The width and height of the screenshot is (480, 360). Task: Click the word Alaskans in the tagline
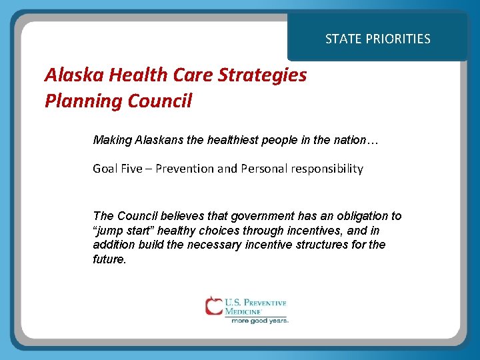[156, 141]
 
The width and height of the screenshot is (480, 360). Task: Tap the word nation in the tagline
[348, 141]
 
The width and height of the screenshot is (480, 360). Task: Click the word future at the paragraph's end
[109, 259]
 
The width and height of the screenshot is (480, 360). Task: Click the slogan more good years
[260, 320]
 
